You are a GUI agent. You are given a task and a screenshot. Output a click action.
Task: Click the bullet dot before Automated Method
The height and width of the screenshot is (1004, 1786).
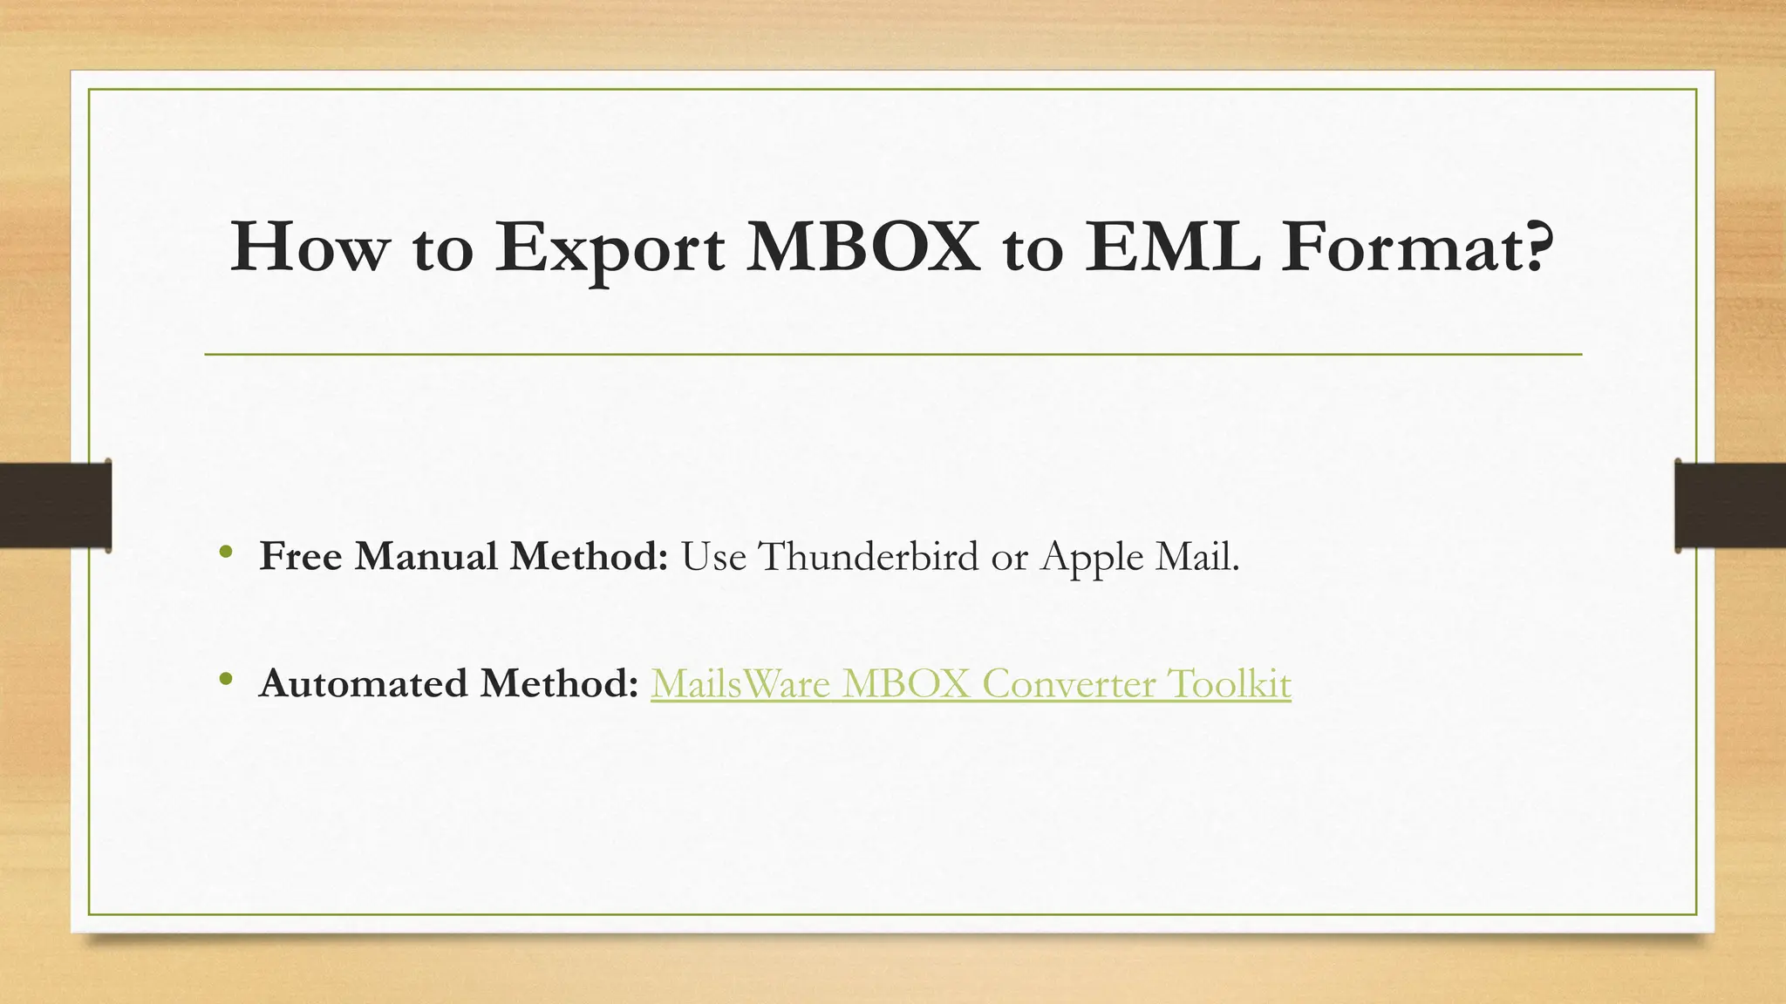226,678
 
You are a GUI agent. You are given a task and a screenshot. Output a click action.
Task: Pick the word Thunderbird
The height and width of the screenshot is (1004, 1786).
869,556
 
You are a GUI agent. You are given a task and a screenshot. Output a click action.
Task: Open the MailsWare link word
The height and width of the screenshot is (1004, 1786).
740,683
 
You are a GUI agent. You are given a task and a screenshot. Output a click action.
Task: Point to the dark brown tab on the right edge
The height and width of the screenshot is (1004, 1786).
1730,505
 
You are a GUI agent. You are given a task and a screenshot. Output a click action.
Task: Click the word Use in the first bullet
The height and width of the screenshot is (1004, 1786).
712,556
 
